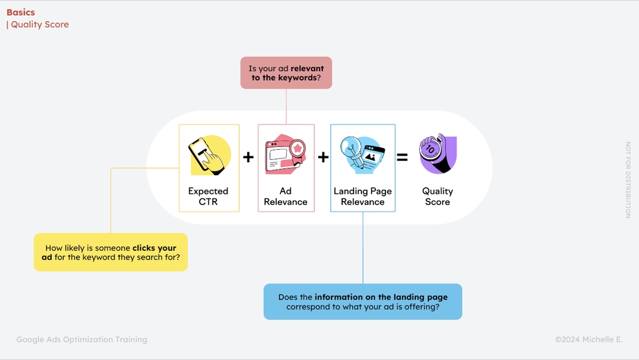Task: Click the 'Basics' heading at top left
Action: [x=21, y=12]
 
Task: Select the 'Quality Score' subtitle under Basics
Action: [x=39, y=25]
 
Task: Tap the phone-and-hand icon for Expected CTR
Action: [x=209, y=155]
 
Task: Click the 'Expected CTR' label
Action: [x=208, y=196]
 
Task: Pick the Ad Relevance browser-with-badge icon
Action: [x=286, y=155]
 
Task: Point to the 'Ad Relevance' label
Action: [x=286, y=196]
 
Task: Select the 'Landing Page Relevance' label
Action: [x=363, y=196]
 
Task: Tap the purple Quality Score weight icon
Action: [x=437, y=154]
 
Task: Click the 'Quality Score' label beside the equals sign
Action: [x=437, y=196]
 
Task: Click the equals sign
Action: [x=402, y=158]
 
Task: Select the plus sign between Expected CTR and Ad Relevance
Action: [x=248, y=157]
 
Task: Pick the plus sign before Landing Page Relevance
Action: [x=323, y=157]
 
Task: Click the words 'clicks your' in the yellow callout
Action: [x=154, y=248]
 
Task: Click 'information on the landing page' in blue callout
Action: [x=381, y=297]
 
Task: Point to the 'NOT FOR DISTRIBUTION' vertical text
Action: [x=627, y=180]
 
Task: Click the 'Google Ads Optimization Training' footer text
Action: [x=82, y=339]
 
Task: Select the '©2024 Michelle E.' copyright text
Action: [x=588, y=339]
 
